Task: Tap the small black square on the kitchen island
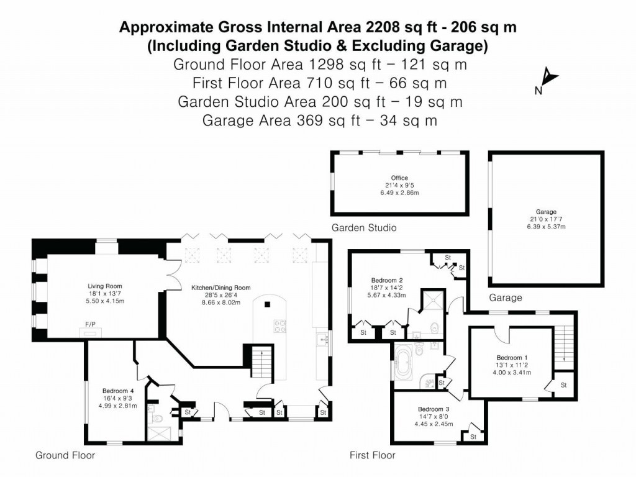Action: [267, 304]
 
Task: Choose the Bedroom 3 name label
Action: [433, 409]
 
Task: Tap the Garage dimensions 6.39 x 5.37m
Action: [546, 227]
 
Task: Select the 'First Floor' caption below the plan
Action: [373, 455]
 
